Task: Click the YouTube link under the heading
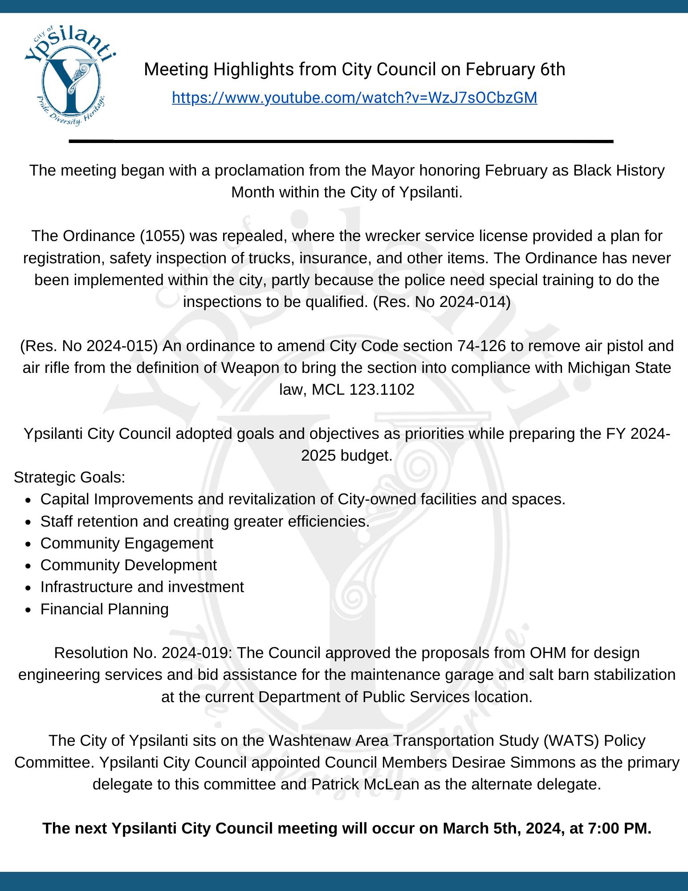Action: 354,98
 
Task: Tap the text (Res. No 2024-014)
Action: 441,302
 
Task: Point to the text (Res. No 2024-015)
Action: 89,346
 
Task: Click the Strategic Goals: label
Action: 69,478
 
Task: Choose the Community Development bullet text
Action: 128,565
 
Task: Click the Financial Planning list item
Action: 104,609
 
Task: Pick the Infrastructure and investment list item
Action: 142,587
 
